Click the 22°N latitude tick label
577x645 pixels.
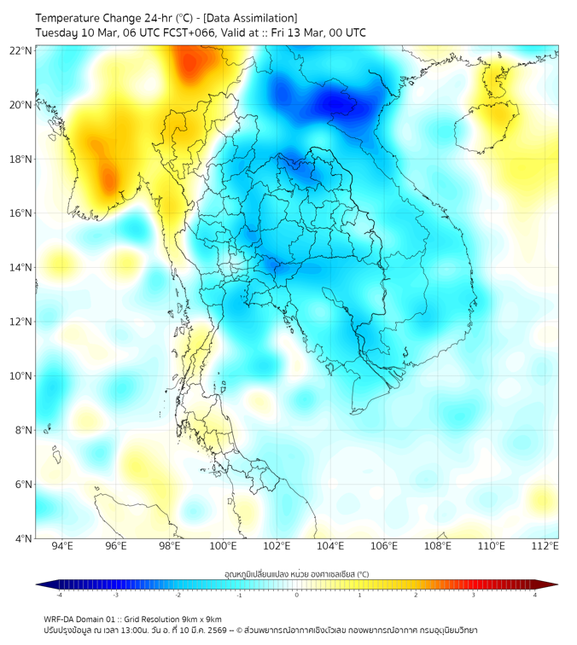point(21,50)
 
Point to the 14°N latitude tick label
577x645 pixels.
point(21,267)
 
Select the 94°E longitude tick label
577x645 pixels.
point(62,546)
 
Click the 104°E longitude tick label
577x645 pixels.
point(330,546)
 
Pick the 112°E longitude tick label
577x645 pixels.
point(545,546)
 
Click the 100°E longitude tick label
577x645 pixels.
point(223,546)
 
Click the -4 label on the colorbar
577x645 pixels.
point(58,595)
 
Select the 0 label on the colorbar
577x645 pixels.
point(297,595)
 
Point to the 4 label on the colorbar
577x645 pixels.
point(535,595)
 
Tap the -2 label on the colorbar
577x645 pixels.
point(177,595)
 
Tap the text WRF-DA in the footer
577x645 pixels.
point(59,619)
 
